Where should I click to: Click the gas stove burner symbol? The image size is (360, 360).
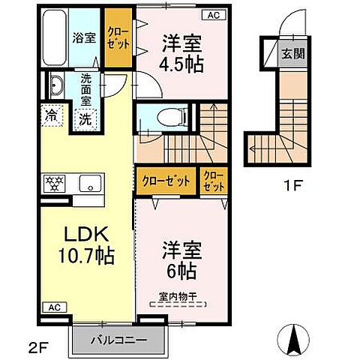point(55,182)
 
